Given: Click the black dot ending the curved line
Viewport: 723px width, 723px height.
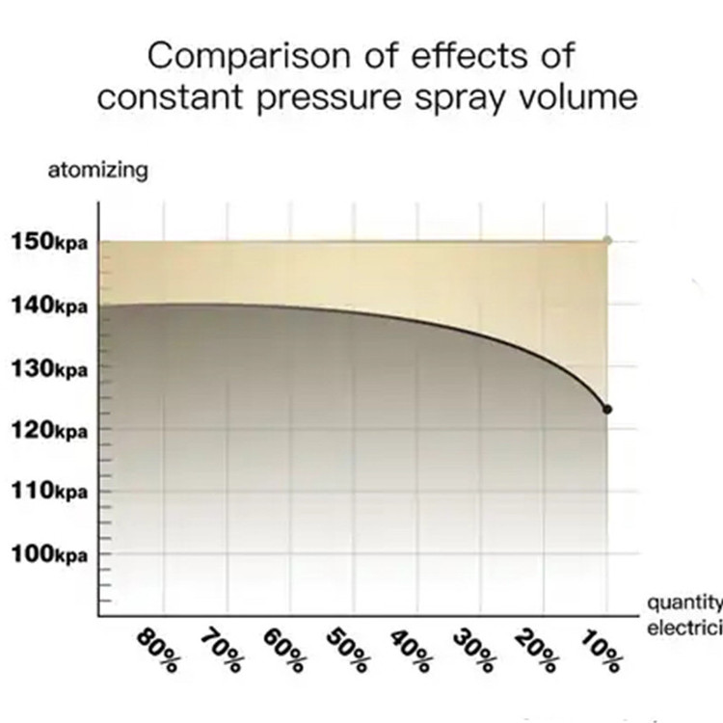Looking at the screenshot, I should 607,410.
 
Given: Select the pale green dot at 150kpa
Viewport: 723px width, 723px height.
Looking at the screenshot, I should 607,239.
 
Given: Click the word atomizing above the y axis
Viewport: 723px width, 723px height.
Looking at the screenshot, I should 97,172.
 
